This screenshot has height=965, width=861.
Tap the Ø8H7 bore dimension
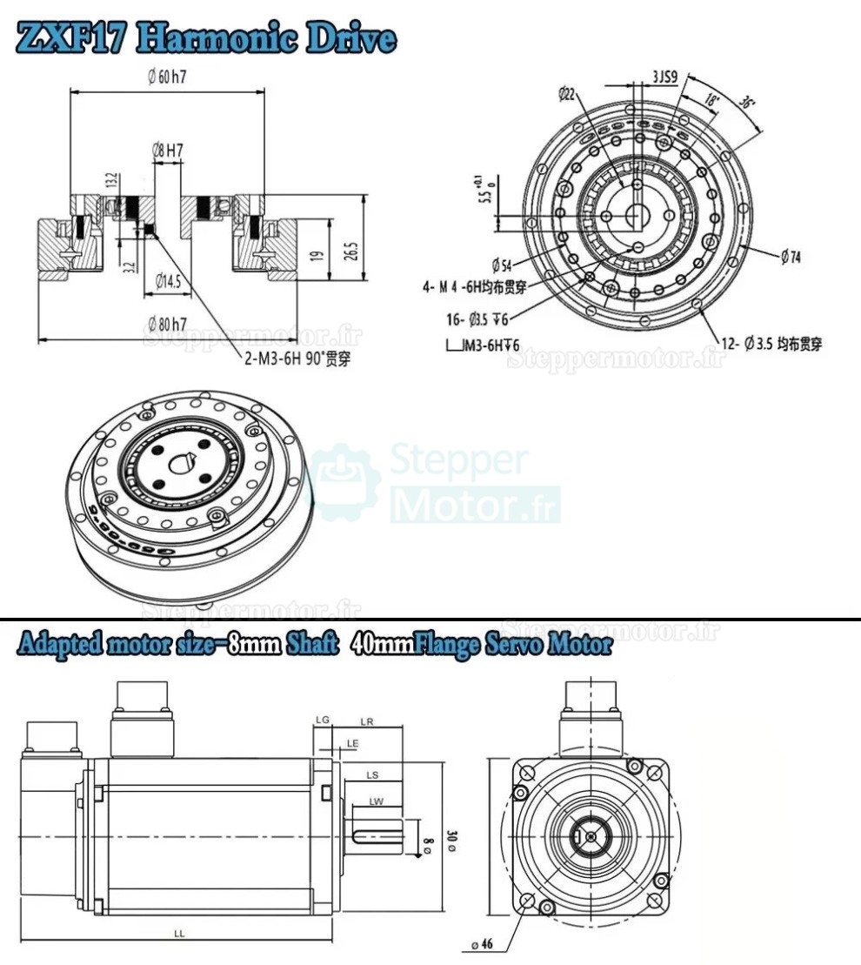pyautogui.click(x=167, y=150)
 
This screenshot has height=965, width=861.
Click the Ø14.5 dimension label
pyautogui.click(x=167, y=280)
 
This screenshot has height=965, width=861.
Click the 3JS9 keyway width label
pyautogui.click(x=665, y=77)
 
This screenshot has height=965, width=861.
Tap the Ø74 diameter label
pyautogui.click(x=790, y=256)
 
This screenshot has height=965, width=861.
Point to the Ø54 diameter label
pyautogui.click(x=501, y=264)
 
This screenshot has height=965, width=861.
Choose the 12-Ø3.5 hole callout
pyautogui.click(x=771, y=344)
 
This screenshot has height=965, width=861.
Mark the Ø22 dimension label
pyautogui.click(x=565, y=93)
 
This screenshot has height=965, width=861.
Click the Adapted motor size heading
pyautogui.click(x=314, y=646)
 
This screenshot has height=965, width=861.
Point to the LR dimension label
pyautogui.click(x=366, y=721)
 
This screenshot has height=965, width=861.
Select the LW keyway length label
pyautogui.click(x=376, y=801)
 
